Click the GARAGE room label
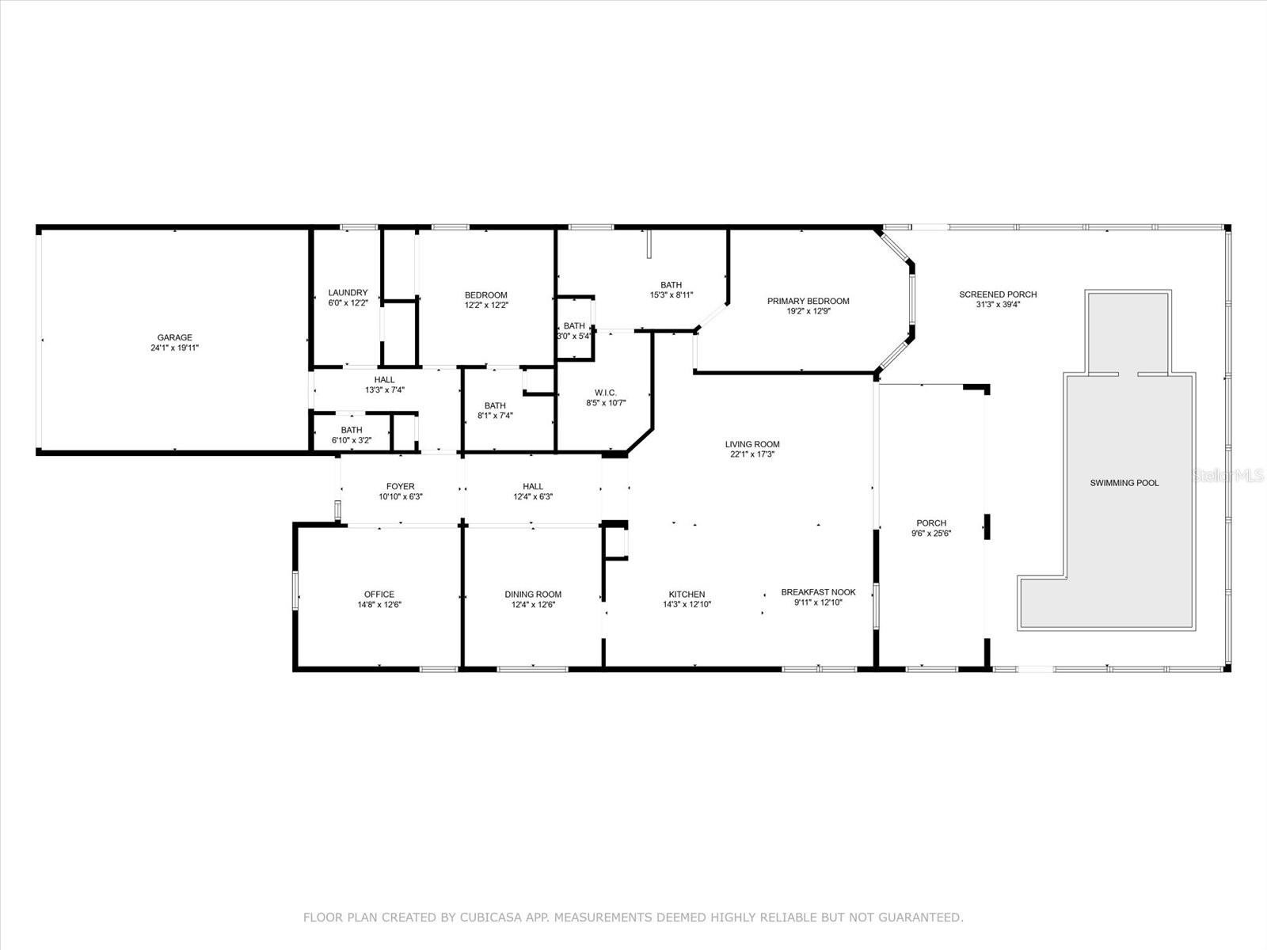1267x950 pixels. (175, 337)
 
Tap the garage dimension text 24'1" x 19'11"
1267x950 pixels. (175, 348)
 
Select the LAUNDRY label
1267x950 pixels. (348, 292)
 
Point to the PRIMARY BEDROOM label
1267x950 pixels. (809, 301)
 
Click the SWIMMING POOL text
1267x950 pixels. (1124, 483)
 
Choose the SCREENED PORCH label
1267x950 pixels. (998, 294)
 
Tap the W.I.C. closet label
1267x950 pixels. (606, 393)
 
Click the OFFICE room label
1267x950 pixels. (379, 594)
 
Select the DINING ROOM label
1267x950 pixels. (533, 594)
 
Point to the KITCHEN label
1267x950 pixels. (687, 594)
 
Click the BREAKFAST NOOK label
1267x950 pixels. (819, 592)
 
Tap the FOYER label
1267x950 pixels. (401, 486)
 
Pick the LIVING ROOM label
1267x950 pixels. (752, 444)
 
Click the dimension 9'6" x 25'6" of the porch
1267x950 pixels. (931, 534)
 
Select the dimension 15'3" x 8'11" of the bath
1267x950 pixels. (672, 294)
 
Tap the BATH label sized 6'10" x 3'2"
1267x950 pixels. (352, 430)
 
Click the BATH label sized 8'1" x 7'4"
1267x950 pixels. (495, 405)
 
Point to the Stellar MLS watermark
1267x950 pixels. (1227, 475)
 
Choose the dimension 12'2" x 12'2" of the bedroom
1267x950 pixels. (486, 305)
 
